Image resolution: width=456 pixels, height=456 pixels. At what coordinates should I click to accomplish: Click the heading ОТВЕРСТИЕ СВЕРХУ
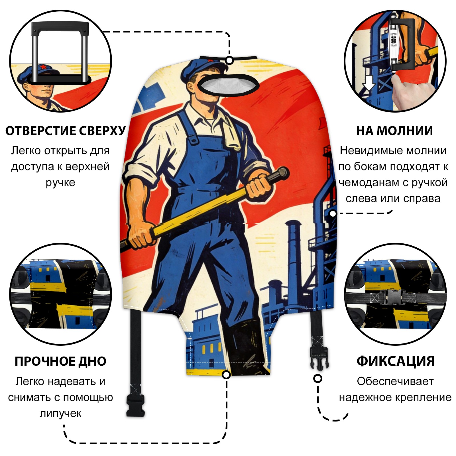click(x=65, y=131)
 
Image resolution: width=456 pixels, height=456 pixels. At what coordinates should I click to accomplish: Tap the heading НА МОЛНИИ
click(x=394, y=131)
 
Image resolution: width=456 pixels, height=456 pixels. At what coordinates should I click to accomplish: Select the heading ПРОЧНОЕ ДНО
click(x=60, y=361)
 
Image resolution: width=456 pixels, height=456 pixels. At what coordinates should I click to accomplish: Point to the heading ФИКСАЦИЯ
click(x=396, y=361)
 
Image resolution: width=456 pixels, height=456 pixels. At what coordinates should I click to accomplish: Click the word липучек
click(x=60, y=413)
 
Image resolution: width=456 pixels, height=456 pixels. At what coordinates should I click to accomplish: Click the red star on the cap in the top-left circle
click(x=43, y=67)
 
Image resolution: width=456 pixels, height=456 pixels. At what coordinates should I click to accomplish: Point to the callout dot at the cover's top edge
click(x=229, y=61)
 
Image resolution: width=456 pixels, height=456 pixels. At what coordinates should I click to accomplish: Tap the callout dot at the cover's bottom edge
click(x=226, y=374)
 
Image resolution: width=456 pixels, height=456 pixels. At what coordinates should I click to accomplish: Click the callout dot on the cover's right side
click(x=333, y=213)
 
